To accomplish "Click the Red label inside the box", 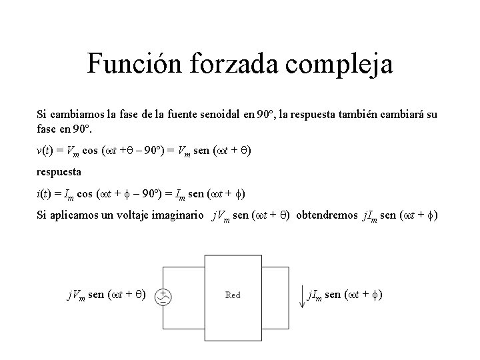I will tap(233, 295).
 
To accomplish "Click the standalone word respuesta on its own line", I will tap(59, 172).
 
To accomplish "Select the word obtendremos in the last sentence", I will tap(326, 216).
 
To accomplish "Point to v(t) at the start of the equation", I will tap(43, 151).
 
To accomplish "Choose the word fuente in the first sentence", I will tap(169, 115).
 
